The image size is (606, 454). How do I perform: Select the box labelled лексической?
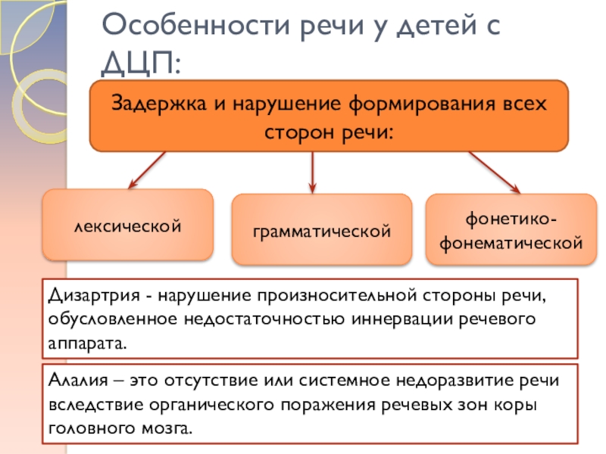pos(127,225)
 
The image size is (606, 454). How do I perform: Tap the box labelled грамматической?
pos(321,229)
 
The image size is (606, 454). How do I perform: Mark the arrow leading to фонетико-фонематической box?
pos(493,171)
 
